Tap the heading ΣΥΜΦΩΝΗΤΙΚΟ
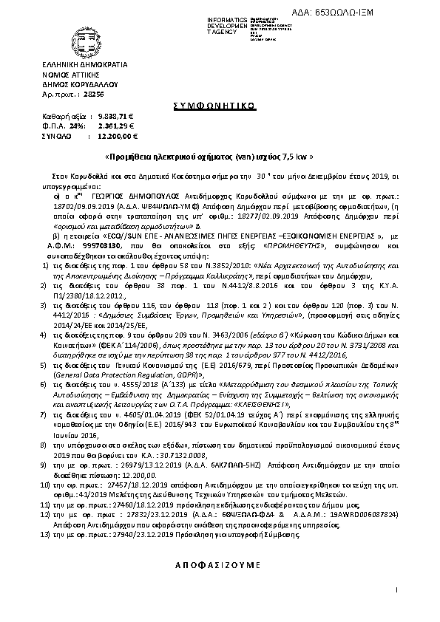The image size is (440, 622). (x=219, y=106)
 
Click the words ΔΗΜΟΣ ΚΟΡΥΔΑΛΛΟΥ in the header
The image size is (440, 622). (x=77, y=86)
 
